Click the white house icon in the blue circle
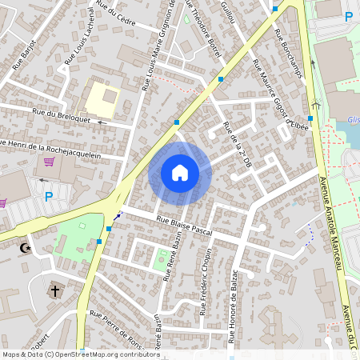click(180, 172)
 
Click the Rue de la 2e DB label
click(239, 144)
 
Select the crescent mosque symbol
click(26, 249)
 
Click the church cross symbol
click(55, 292)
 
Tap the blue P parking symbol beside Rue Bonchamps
click(348, 16)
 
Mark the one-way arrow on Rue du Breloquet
click(101, 122)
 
